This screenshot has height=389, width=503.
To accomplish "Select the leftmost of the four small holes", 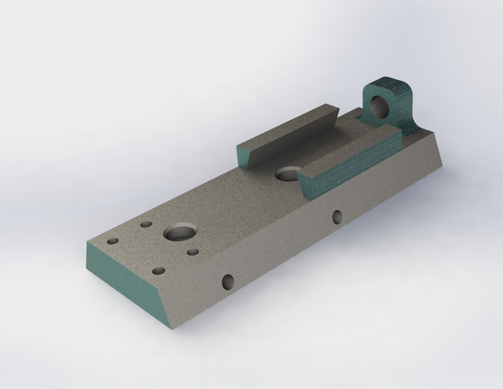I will [x=112, y=241].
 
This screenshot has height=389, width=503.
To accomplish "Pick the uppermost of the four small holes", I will [x=146, y=225].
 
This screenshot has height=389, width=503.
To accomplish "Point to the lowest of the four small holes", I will [x=159, y=270].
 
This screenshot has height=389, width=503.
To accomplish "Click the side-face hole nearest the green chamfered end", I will [x=228, y=281].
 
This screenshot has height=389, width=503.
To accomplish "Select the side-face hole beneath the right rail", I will [x=337, y=215].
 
